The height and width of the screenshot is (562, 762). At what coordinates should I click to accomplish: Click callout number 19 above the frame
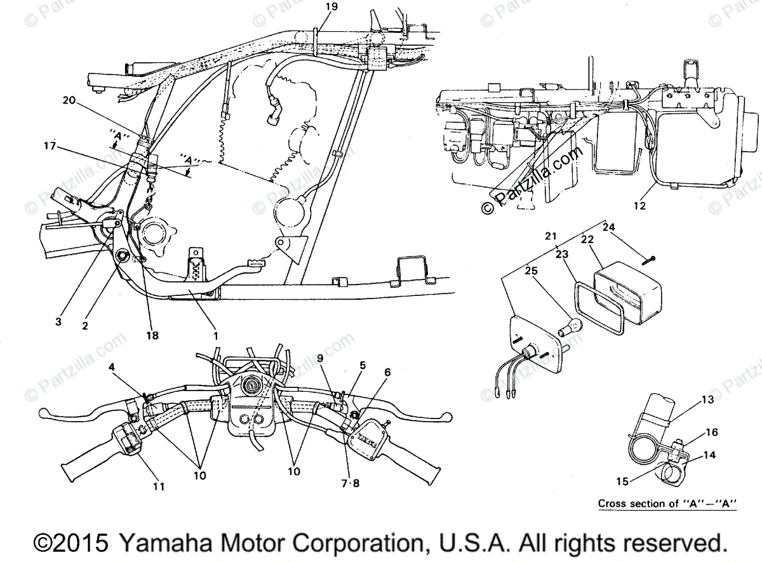331,6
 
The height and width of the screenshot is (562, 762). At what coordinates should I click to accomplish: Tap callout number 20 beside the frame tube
69,100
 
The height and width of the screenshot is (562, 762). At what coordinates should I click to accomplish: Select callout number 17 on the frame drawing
50,146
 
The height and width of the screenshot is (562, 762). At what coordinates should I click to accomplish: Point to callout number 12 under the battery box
639,206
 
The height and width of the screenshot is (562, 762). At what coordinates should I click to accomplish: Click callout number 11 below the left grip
158,486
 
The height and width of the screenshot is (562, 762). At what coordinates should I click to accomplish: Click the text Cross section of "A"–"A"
667,504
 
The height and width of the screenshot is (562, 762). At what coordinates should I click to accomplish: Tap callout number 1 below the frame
215,335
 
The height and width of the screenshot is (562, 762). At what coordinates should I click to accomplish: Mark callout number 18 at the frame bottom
151,335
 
